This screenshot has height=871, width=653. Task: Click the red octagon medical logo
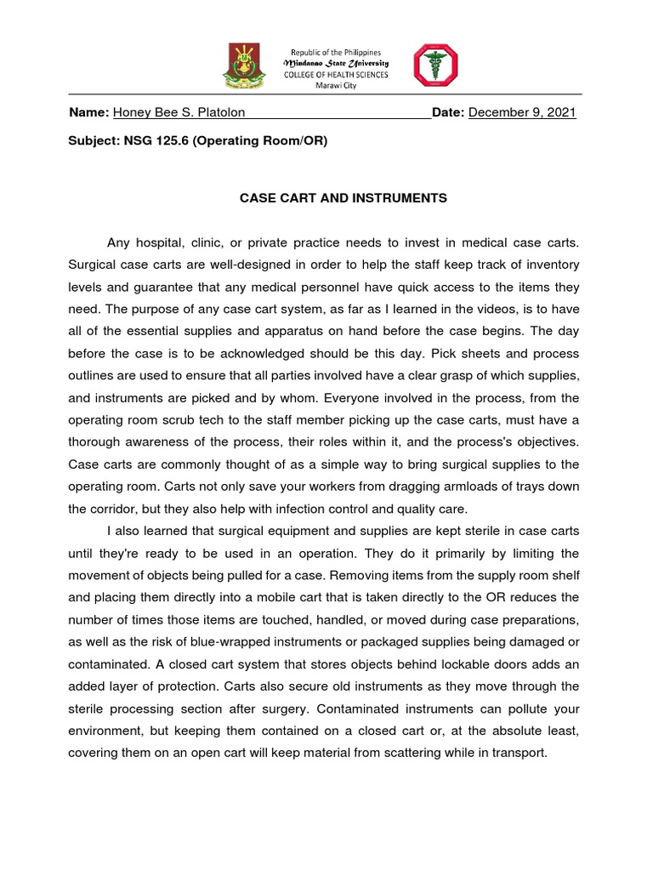pos(434,65)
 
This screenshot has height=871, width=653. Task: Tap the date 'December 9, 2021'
pos(522,113)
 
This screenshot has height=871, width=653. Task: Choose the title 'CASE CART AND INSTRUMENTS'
pos(344,198)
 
